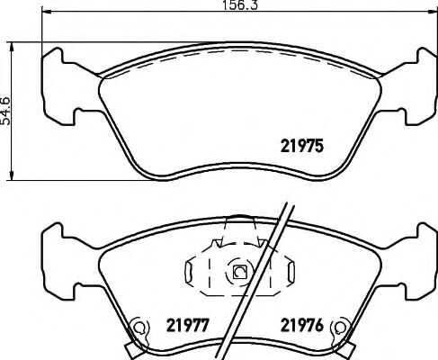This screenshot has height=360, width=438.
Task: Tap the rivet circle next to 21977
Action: coord(139,328)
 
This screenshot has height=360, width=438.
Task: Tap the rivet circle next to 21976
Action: coord(339,328)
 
